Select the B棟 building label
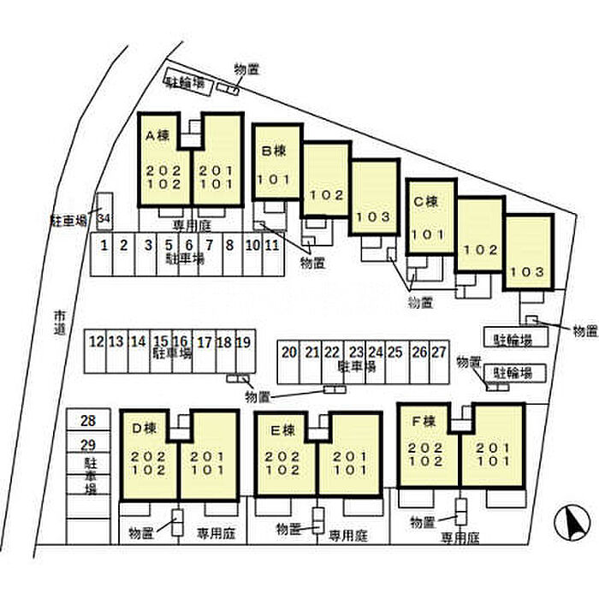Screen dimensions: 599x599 (273, 151)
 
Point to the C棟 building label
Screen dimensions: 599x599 (425, 202)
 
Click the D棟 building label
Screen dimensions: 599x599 (142, 428)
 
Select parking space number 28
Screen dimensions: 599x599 (88, 420)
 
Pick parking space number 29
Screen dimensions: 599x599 (88, 444)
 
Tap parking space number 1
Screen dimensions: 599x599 (104, 246)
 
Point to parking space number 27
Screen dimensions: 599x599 (439, 352)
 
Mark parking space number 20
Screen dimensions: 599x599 (289, 352)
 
